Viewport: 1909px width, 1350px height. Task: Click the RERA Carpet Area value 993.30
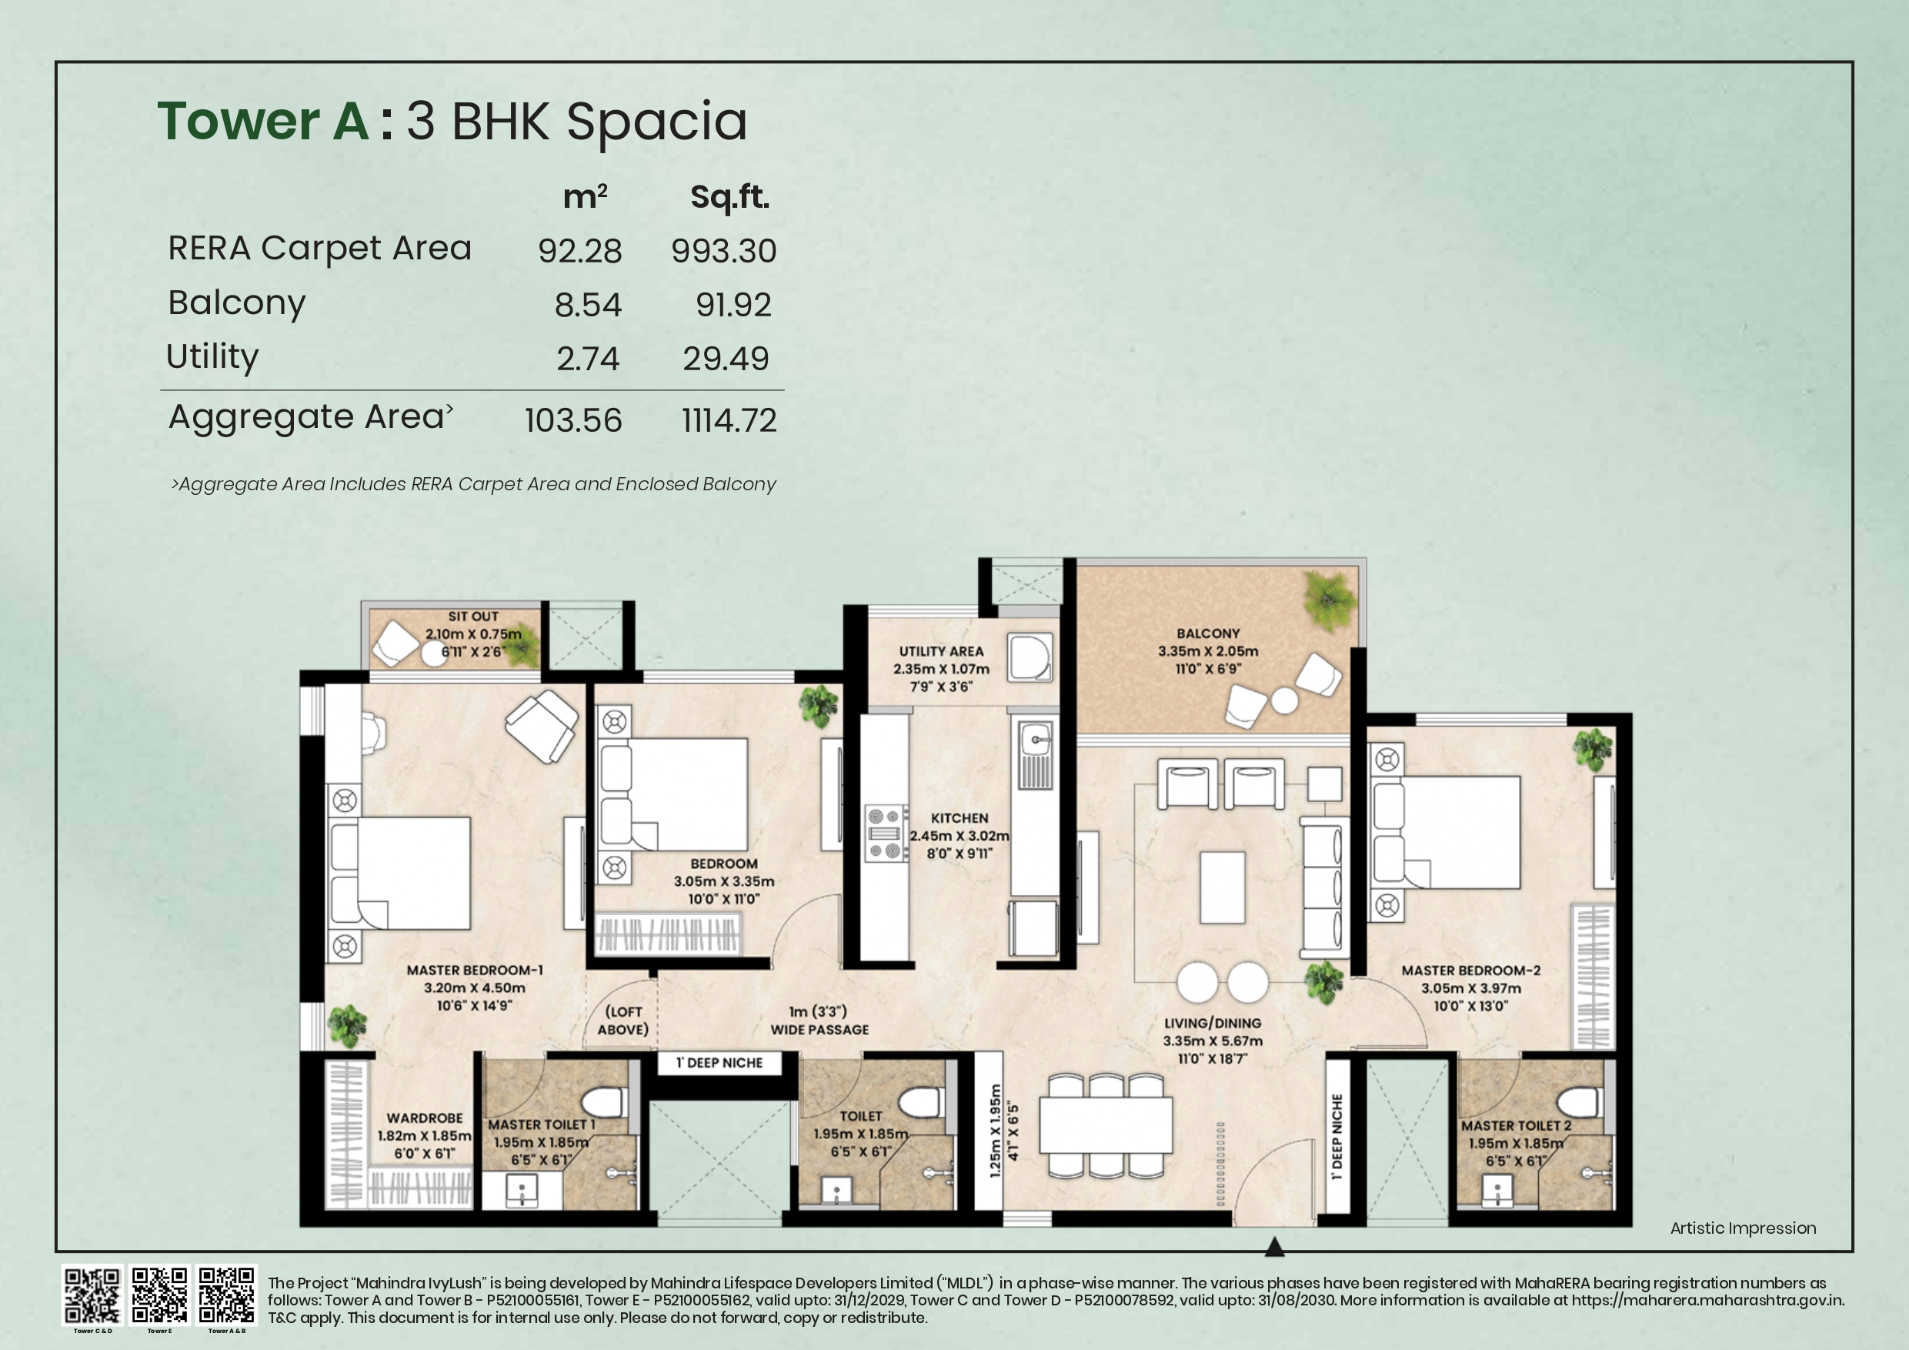tap(723, 251)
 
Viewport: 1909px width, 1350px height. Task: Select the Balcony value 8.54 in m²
tap(588, 306)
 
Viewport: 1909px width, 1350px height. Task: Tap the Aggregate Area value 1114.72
tap(729, 421)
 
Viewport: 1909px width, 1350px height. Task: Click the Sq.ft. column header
tap(729, 197)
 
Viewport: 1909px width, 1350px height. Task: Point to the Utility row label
tap(213, 357)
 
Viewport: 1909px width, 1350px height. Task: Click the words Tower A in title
tap(262, 122)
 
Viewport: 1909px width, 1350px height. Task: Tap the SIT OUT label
tap(473, 617)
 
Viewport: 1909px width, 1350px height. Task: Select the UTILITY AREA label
tap(940, 651)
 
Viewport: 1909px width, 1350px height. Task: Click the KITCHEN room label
tap(960, 818)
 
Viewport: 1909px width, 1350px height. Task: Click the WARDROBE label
tap(424, 1118)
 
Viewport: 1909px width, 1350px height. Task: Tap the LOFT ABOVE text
tap(622, 1021)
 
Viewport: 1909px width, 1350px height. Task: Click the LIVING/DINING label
tap(1212, 1023)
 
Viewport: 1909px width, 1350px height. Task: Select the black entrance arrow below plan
tap(1273, 1247)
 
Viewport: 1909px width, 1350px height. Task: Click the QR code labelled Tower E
tap(159, 1295)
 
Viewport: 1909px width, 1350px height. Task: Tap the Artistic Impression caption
tap(1743, 1228)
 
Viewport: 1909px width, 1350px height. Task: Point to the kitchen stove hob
tap(886, 833)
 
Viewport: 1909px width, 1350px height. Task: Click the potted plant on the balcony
tap(1330, 598)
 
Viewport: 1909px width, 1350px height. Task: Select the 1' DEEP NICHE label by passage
tap(719, 1063)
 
